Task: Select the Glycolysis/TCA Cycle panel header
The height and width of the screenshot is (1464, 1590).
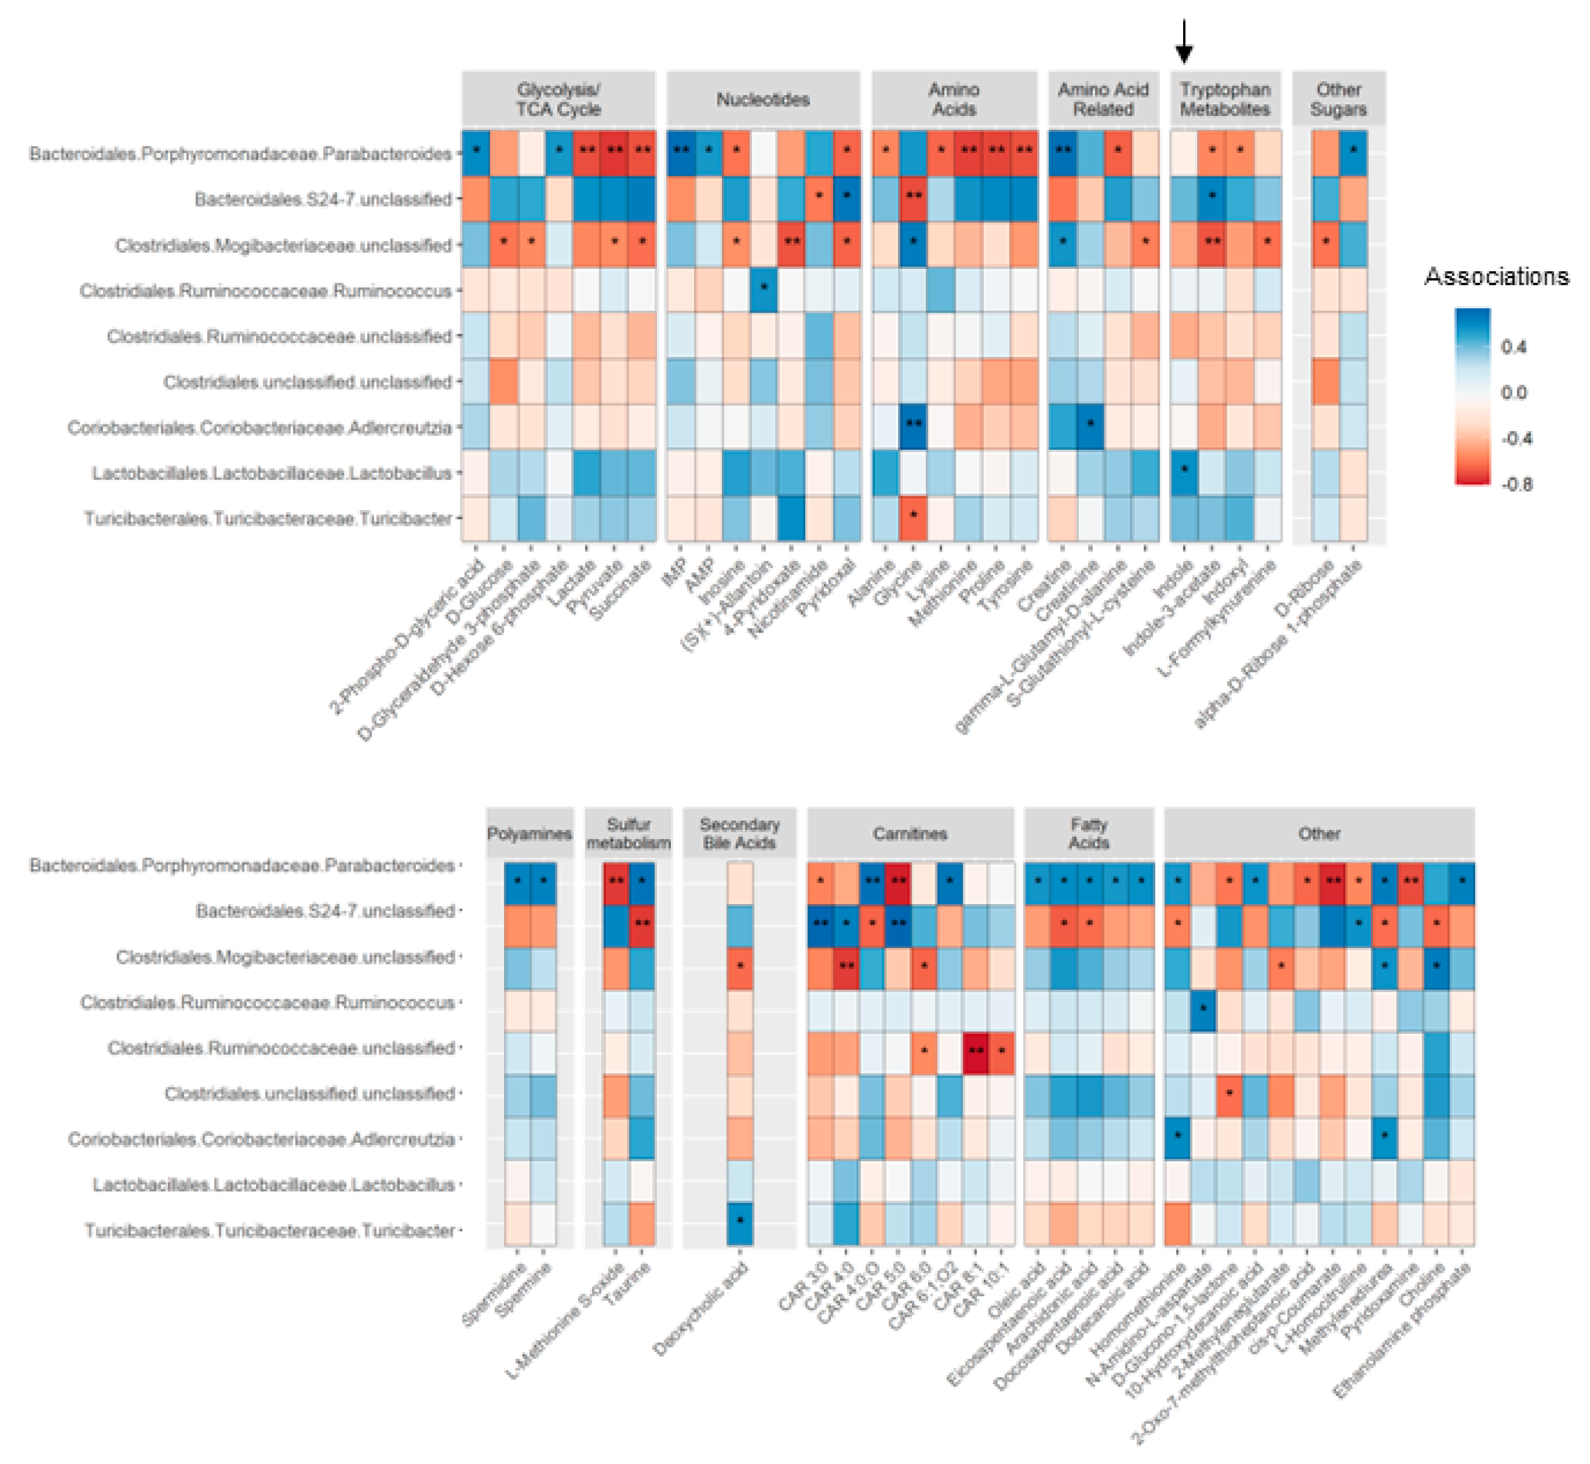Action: click(558, 99)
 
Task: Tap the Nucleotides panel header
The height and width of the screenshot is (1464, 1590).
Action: click(762, 99)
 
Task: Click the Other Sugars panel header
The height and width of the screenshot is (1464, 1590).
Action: click(1338, 99)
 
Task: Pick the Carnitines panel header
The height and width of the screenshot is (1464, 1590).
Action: click(910, 833)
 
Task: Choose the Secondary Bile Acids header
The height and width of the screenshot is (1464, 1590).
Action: click(739, 833)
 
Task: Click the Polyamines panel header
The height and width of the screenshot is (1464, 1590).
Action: click(529, 833)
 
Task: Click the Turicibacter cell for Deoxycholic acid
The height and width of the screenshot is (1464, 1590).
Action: click(740, 1223)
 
